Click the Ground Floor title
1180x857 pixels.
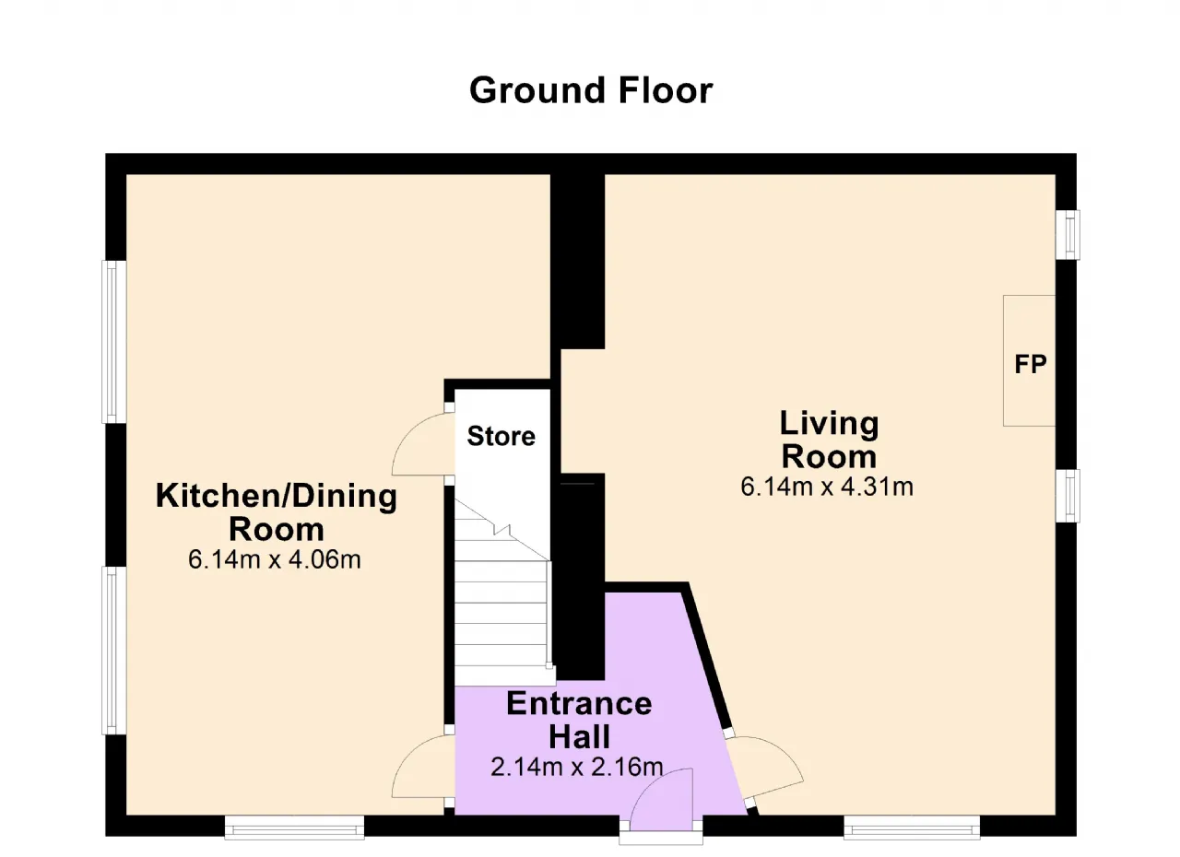pos(591,91)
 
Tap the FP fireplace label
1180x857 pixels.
pos(1031,364)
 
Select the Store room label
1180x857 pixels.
pos(501,436)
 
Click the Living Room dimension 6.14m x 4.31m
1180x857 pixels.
pos(827,487)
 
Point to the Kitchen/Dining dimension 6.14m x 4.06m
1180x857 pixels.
pos(275,559)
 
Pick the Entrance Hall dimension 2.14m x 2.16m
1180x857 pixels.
pos(577,767)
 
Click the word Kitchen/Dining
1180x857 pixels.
pos(277,497)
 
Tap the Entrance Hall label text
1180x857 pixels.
pos(580,720)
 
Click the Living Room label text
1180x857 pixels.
pos(829,440)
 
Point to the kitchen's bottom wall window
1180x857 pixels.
pos(294,827)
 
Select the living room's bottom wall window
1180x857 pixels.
pos(912,827)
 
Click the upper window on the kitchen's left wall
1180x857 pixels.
pos(114,342)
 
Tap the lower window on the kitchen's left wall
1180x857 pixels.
pos(114,651)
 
